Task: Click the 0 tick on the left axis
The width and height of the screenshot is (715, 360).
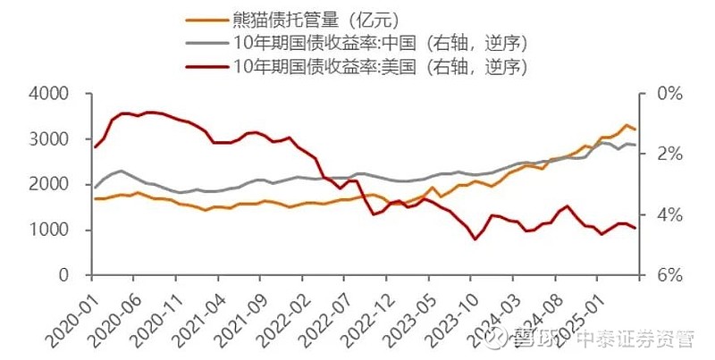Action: (63, 276)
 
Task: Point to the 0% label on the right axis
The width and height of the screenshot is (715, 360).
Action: (670, 95)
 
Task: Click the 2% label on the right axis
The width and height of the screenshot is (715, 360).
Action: (670, 155)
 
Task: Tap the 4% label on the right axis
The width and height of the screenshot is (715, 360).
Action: (670, 215)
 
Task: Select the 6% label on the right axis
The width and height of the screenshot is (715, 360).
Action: (670, 276)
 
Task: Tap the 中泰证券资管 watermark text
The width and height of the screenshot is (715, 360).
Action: (635, 339)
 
